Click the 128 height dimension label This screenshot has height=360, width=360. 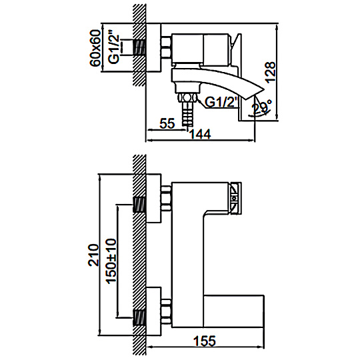(x=270, y=71)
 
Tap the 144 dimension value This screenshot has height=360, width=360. (x=200, y=134)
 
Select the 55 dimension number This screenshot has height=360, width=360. (x=167, y=123)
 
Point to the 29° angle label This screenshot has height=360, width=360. (x=262, y=107)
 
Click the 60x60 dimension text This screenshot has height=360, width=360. (x=95, y=48)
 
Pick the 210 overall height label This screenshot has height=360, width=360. (x=94, y=255)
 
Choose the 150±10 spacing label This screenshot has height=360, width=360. (x=111, y=261)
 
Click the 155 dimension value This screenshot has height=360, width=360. (x=205, y=341)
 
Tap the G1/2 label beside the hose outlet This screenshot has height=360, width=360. (x=220, y=102)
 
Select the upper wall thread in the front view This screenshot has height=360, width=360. (x=139, y=205)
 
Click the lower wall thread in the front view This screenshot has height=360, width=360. (x=139, y=318)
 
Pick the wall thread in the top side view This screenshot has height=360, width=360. (x=139, y=47)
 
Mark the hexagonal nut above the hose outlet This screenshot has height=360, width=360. (x=187, y=97)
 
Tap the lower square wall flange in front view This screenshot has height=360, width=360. (x=153, y=311)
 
